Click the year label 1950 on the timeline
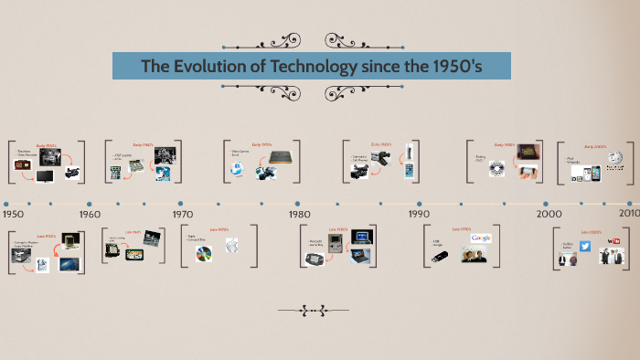tap(14, 214)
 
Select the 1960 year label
tap(90, 214)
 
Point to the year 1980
tap(299, 214)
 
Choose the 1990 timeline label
tap(419, 214)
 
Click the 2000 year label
tap(549, 214)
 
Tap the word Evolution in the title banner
tap(199, 67)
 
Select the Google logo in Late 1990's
tap(481, 238)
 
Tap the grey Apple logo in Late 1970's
tap(232, 246)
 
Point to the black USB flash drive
tap(441, 256)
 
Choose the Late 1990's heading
tap(461, 228)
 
